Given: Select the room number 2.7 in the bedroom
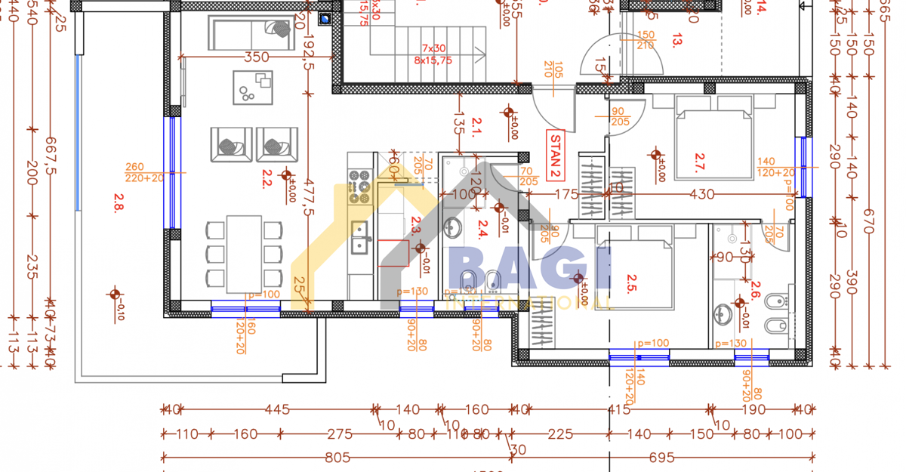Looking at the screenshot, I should pos(700,162).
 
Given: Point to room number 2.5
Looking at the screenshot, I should pos(633,283).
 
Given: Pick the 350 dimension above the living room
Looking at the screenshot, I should pos(257,57).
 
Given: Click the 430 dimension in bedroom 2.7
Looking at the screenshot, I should pos(702,194).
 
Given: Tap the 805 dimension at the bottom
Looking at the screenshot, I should pos(337,457).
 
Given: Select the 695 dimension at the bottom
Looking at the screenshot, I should pos(661,457).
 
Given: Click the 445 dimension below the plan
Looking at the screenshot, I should pos(277,410).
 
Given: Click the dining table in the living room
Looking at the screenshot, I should pos(244,254).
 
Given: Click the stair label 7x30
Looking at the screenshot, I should pos(433,48).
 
